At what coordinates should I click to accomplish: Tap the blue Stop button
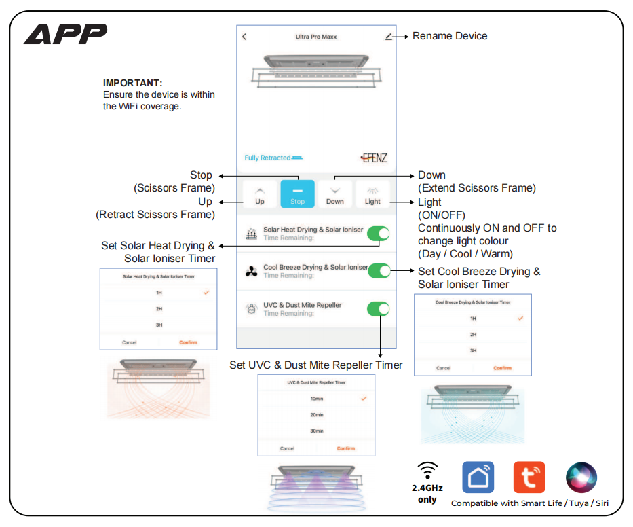297,194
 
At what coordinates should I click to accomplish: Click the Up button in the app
260,194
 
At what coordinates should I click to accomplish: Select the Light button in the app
372,194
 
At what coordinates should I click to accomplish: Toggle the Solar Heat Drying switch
379,234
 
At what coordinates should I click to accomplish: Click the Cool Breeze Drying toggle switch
379,271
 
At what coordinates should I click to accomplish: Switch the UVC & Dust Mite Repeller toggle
379,309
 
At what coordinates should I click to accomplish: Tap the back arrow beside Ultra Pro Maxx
244,37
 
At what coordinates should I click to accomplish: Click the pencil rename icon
388,37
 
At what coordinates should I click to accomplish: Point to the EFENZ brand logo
374,158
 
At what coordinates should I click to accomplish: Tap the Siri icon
581,477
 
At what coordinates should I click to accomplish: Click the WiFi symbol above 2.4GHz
427,470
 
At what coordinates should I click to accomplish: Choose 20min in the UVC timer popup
317,415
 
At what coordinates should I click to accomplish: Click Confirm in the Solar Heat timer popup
189,342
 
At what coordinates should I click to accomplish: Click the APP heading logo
66,34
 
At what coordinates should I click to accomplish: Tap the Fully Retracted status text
267,158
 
